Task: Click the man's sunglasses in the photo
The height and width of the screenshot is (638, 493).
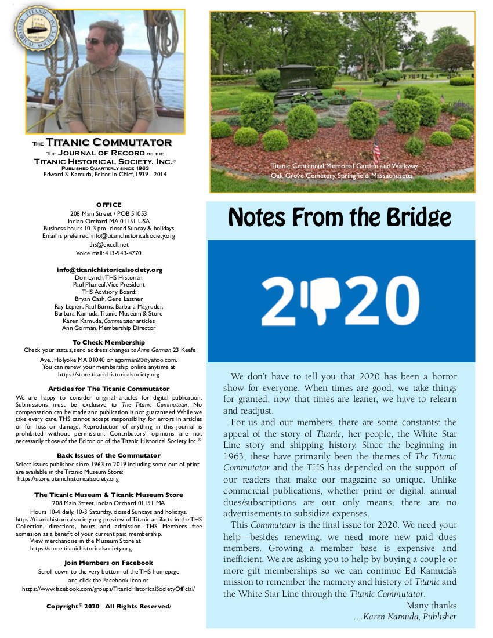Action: tap(95, 41)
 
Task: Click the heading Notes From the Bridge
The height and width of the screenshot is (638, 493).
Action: tap(340, 217)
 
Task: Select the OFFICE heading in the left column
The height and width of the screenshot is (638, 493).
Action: tap(108, 205)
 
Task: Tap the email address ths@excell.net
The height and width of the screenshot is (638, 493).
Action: tap(109, 245)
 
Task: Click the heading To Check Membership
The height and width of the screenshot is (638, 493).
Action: tap(108, 342)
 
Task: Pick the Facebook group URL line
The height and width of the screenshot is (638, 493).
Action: tap(108, 588)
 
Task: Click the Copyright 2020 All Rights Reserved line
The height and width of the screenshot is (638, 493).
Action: tap(108, 606)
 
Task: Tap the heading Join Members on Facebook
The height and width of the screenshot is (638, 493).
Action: tap(108, 563)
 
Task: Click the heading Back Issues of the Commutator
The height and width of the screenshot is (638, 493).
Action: tap(108, 455)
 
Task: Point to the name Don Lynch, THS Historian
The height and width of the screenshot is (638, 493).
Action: tap(108, 278)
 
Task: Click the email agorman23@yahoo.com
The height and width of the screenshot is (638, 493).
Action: tap(147, 360)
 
